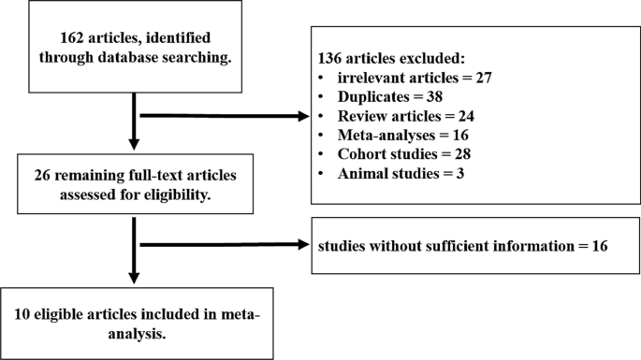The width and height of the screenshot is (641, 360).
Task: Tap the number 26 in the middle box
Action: tap(41, 178)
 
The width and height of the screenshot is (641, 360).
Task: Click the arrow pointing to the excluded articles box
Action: tap(225, 117)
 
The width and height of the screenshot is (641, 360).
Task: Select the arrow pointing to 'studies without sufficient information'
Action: tap(225, 246)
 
